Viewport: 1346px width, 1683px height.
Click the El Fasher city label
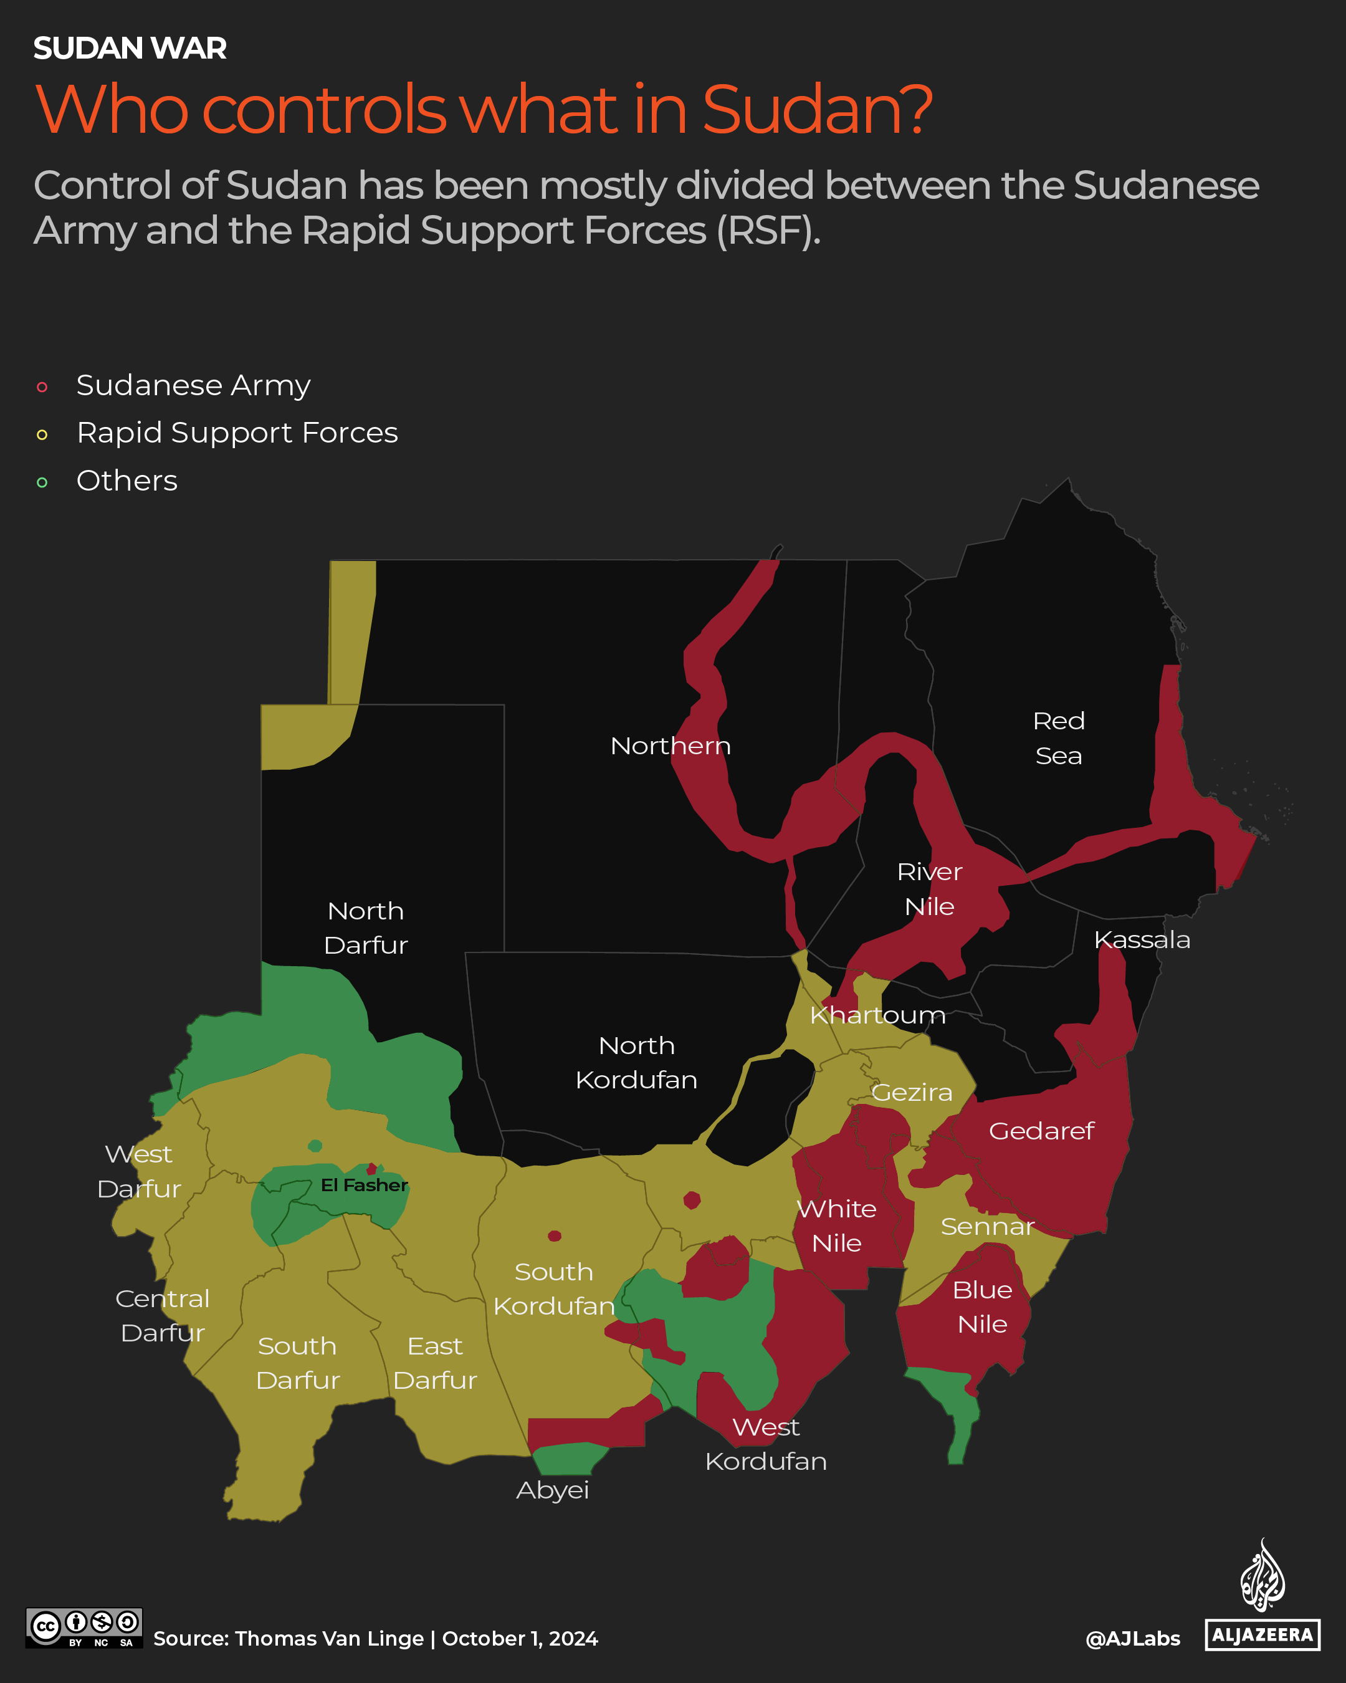[365, 1185]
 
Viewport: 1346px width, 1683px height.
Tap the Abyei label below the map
[553, 1490]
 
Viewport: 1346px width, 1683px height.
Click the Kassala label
[1142, 939]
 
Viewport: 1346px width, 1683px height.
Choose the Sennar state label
[987, 1226]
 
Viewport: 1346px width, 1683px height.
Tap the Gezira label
[912, 1092]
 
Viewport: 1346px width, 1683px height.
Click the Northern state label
[671, 746]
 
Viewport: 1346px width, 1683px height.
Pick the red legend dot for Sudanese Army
[42, 387]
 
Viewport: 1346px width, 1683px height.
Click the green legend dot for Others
[42, 482]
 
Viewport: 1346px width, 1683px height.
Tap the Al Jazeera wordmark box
[1262, 1634]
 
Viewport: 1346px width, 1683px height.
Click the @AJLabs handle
[1132, 1639]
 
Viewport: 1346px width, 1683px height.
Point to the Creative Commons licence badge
[84, 1628]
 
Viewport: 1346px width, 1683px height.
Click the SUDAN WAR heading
[130, 49]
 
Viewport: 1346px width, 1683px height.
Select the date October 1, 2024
[520, 1639]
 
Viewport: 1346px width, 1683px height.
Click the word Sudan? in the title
[816, 109]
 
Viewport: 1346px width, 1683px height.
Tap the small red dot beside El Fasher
[371, 1169]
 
